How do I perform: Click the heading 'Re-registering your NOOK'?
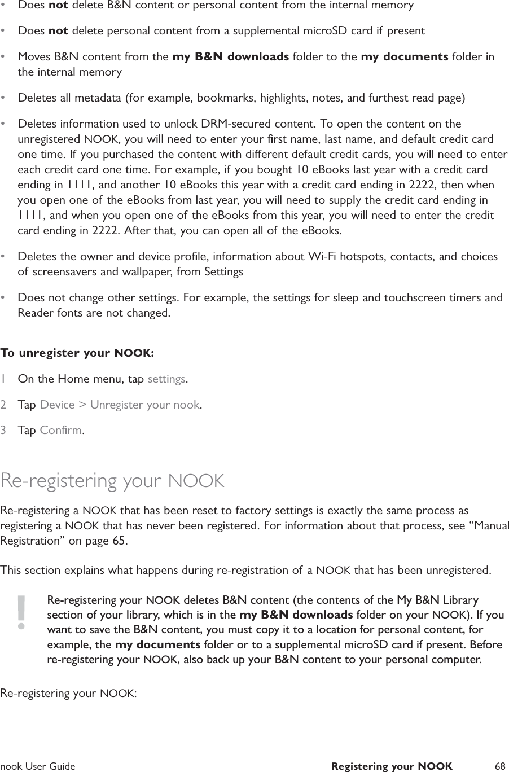pyautogui.click(x=112, y=481)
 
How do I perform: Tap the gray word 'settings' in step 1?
pyautogui.click(x=166, y=379)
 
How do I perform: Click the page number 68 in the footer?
pyautogui.click(x=499, y=766)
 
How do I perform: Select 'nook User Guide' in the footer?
pyautogui.click(x=38, y=766)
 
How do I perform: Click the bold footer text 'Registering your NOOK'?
pyautogui.click(x=391, y=766)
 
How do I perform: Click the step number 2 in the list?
pyautogui.click(x=4, y=405)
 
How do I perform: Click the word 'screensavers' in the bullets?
pyautogui.click(x=62, y=272)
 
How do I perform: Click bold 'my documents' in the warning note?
pyautogui.click(x=157, y=644)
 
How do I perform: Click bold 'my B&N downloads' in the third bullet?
pyautogui.click(x=231, y=57)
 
